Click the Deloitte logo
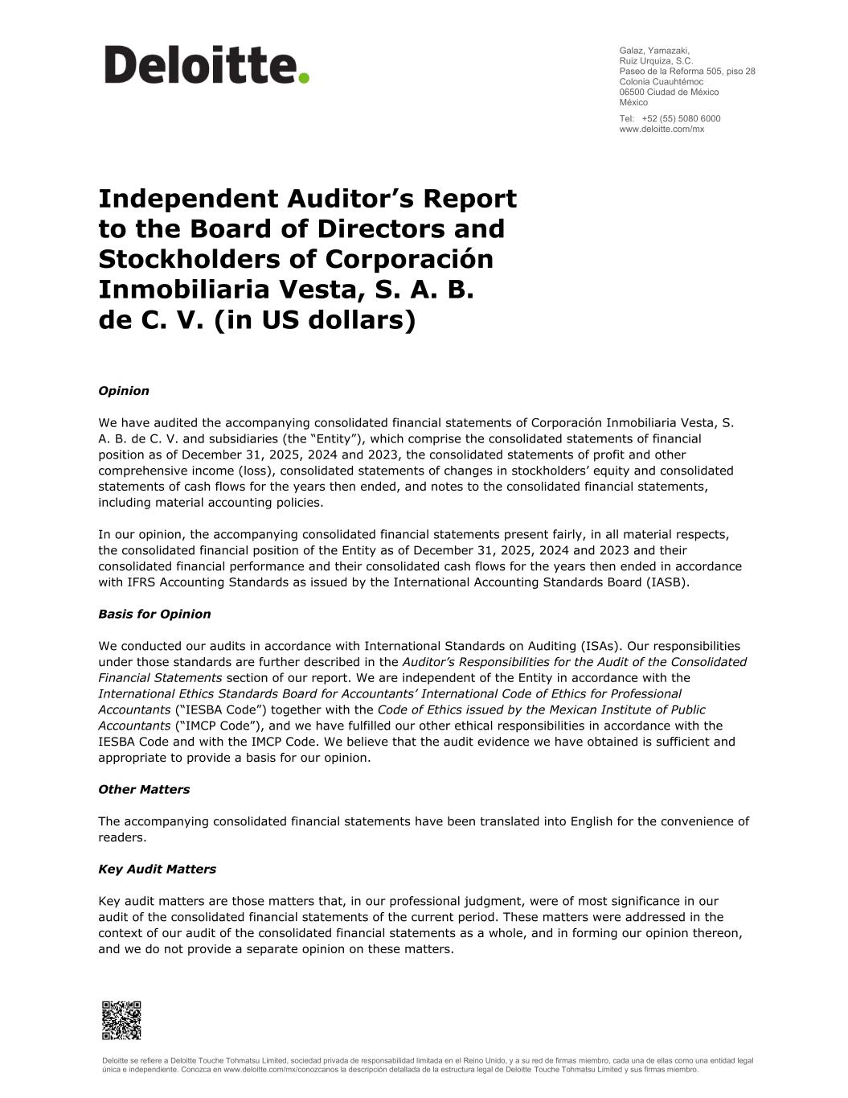pos(206,65)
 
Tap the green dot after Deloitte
pos(304,78)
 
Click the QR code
pos(121,1020)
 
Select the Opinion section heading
pos(124,391)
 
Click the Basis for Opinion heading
pos(154,614)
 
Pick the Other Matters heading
pos(144,789)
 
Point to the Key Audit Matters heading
pos(157,869)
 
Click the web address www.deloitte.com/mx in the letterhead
pos(662,129)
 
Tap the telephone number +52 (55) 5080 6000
pos(681,118)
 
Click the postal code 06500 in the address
pos(632,92)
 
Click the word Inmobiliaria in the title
pos(183,290)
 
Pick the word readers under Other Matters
pos(122,837)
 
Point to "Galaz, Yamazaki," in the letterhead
pos(654,50)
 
